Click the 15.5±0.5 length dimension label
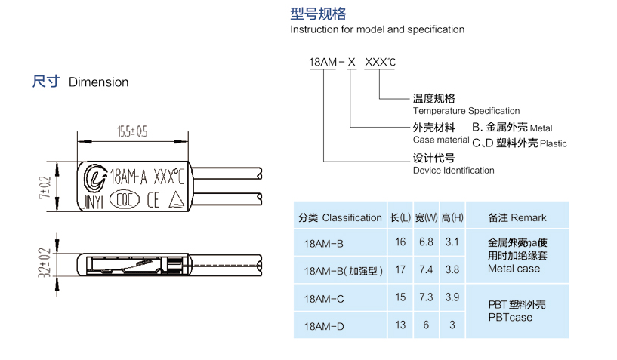click(x=131, y=131)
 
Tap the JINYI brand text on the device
click(x=94, y=200)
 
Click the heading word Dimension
click(x=98, y=82)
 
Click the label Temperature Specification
click(x=466, y=111)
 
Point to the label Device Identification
click(x=453, y=171)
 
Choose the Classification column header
click(x=340, y=217)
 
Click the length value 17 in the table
click(x=400, y=269)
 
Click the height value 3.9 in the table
click(x=452, y=297)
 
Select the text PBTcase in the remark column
click(x=510, y=318)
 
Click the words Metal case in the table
click(x=514, y=269)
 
